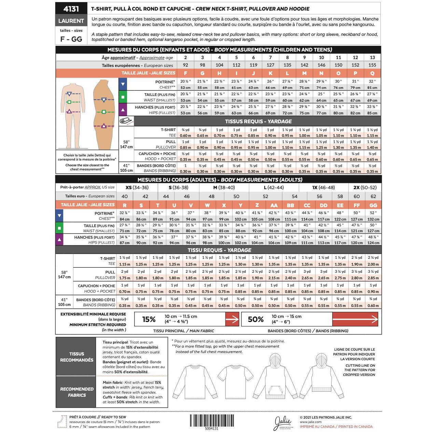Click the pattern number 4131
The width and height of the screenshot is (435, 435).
(71, 9)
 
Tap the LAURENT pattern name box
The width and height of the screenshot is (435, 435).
(71, 21)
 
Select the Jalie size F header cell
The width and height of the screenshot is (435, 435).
(185, 73)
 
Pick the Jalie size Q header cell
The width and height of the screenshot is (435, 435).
(372, 73)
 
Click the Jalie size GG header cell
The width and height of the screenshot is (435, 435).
(373, 205)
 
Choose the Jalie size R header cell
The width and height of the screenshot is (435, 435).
(125, 205)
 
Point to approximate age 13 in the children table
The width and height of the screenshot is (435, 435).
(372, 57)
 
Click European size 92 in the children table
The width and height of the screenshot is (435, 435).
(185, 65)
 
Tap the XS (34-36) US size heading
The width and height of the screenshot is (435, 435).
(137, 187)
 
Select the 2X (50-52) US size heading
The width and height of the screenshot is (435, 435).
(365, 187)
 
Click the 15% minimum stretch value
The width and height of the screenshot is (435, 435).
(149, 320)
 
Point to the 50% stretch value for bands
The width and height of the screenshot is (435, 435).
(256, 320)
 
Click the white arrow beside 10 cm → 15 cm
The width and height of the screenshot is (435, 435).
(355, 320)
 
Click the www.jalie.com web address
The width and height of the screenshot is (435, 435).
(311, 422)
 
